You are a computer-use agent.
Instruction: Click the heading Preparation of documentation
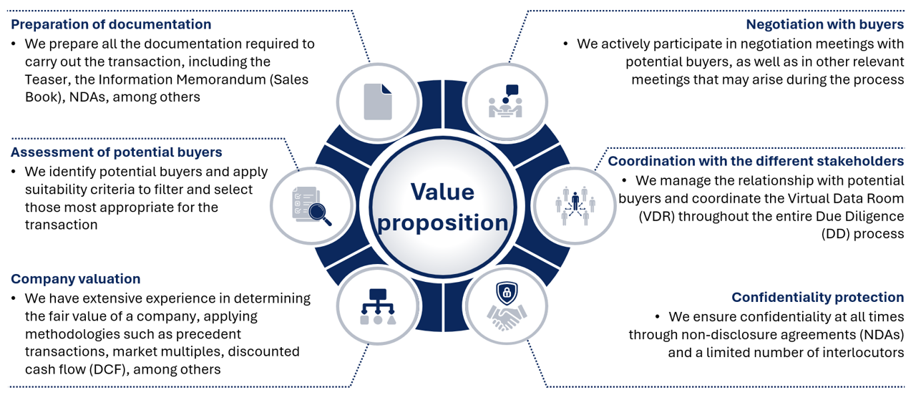[x=111, y=24]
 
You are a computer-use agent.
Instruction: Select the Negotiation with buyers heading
[x=824, y=24]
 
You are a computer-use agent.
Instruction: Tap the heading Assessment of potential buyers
[x=116, y=152]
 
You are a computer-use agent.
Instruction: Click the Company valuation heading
[x=75, y=279]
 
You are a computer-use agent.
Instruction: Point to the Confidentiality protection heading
[x=817, y=298]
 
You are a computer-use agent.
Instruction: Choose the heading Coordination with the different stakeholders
[x=756, y=161]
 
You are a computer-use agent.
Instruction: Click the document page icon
[x=378, y=102]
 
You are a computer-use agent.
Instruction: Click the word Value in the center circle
[x=442, y=192]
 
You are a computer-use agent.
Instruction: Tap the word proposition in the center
[x=443, y=223]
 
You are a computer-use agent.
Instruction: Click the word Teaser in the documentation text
[x=48, y=79]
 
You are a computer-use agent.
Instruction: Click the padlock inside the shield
[x=507, y=292]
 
